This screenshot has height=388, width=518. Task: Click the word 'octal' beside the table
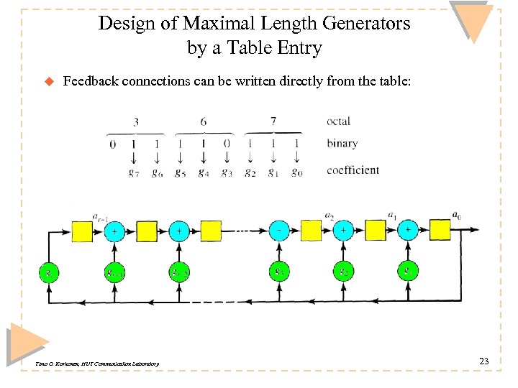[338, 121]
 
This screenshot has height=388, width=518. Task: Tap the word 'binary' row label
[342, 143]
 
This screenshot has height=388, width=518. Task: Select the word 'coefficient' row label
[353, 170]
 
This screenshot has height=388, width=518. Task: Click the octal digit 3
[135, 122]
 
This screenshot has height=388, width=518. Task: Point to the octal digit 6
[203, 122]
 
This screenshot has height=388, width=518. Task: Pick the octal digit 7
[273, 121]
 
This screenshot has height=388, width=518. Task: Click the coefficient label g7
[134, 173]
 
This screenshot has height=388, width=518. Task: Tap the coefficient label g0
[297, 172]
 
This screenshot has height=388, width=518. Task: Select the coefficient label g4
[204, 173]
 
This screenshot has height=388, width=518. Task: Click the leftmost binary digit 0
[112, 144]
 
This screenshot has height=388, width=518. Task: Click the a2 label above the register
[330, 214]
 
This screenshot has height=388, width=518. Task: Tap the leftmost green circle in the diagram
[49, 272]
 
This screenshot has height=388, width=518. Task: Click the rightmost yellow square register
[375, 231]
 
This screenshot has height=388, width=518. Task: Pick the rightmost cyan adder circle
[407, 231]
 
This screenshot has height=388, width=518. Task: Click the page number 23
[483, 361]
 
